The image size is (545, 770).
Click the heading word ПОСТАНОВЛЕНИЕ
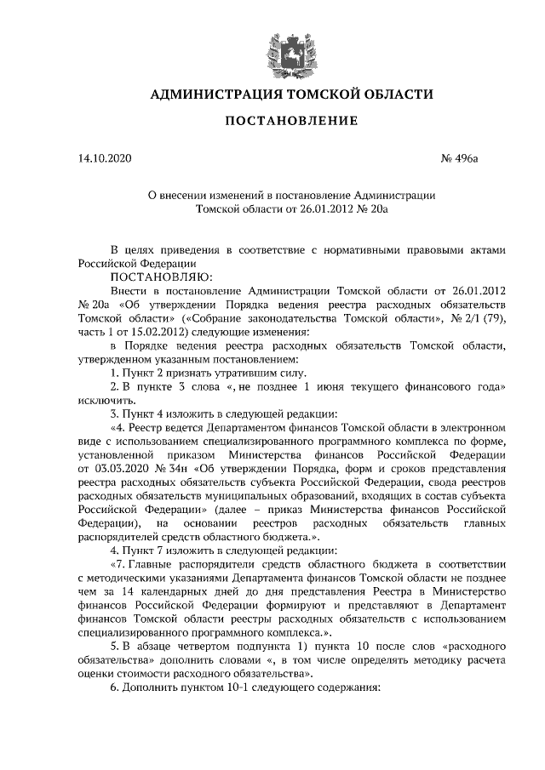coord(290,121)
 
